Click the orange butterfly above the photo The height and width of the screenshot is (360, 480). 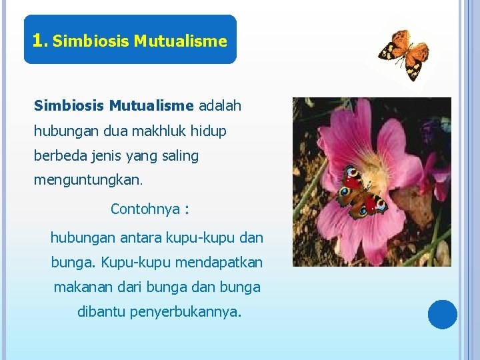click(404, 54)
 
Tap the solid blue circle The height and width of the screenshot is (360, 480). click(443, 315)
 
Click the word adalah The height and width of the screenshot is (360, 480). click(220, 105)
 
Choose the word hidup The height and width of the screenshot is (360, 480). click(209, 131)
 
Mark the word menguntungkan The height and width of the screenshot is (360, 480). click(87, 180)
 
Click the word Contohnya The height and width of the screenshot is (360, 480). click(145, 209)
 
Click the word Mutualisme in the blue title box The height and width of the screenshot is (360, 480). click(180, 41)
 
